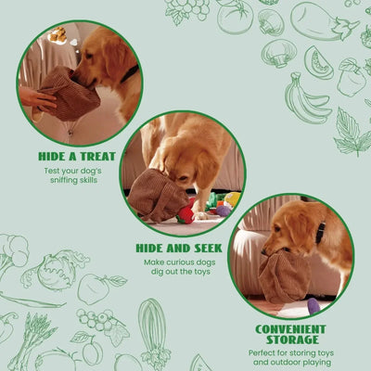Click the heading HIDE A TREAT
coord(76,156)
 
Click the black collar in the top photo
coord(130,72)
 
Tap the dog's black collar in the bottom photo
coord(320,231)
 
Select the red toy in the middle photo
coord(186,214)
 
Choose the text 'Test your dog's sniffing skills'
coord(76,176)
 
